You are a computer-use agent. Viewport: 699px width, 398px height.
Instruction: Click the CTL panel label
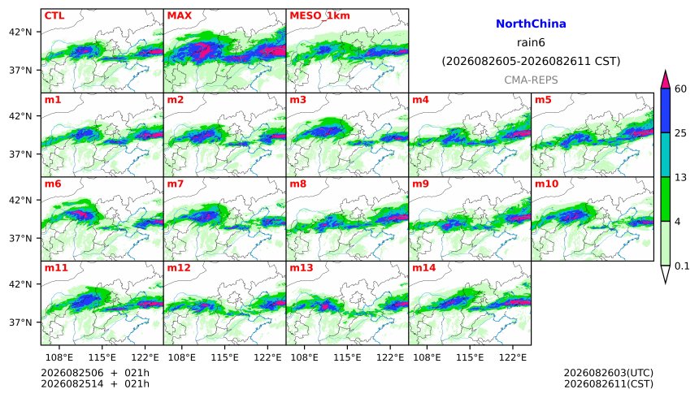pyautogui.click(x=54, y=15)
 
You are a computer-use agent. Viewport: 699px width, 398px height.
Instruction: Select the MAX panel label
pyautogui.click(x=179, y=15)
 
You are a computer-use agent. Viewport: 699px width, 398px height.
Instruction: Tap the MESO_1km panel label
pyautogui.click(x=319, y=15)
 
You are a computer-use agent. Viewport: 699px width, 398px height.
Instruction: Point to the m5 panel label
pyautogui.click(x=543, y=100)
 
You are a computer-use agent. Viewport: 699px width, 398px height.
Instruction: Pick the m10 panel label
pyautogui.click(x=546, y=184)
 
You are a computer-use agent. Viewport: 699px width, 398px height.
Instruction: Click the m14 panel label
pyautogui.click(x=423, y=268)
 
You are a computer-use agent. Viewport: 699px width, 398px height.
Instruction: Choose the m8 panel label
pyautogui.click(x=297, y=184)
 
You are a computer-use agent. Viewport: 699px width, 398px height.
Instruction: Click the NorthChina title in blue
pyautogui.click(x=531, y=24)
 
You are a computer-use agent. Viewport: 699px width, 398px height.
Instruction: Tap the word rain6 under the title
pyautogui.click(x=531, y=43)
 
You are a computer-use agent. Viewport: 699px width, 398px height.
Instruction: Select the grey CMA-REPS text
pyautogui.click(x=531, y=80)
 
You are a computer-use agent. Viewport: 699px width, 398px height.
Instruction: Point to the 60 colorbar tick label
pyautogui.click(x=680, y=89)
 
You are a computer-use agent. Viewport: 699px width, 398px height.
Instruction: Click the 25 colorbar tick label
pyautogui.click(x=680, y=133)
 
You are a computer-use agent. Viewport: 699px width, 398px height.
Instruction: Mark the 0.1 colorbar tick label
pyautogui.click(x=682, y=266)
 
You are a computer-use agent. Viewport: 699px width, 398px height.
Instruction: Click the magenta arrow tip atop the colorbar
pyautogui.click(x=666, y=71)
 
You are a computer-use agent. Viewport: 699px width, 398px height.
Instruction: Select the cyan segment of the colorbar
pyautogui.click(x=666, y=154)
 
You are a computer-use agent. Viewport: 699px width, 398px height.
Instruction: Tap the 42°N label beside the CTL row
pyautogui.click(x=20, y=32)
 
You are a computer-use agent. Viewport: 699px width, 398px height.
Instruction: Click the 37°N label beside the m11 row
pyautogui.click(x=20, y=322)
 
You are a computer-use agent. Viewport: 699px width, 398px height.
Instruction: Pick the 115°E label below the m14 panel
pyautogui.click(x=470, y=357)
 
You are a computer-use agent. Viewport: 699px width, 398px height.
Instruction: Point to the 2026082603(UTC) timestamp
pyautogui.click(x=609, y=373)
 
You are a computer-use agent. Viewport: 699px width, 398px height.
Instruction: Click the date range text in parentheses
pyautogui.click(x=531, y=61)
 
